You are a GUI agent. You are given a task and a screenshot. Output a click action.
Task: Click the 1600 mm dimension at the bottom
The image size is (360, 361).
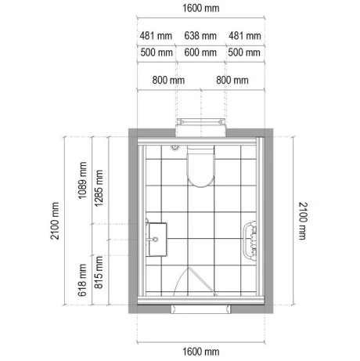click(x=201, y=352)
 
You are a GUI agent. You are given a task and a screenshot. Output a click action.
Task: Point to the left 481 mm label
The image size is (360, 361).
click(x=156, y=36)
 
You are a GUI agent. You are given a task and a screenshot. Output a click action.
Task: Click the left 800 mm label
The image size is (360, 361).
click(x=167, y=80)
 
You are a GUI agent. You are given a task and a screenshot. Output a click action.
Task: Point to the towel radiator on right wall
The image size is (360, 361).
click(x=250, y=241)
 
